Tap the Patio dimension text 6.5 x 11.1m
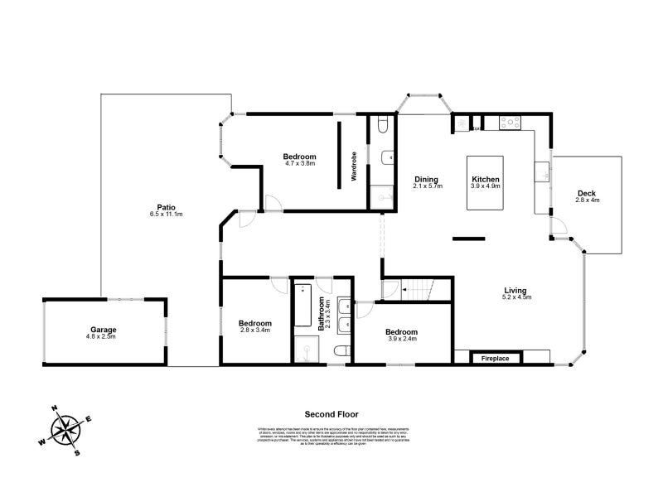pos(166,215)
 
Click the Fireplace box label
pos(496,358)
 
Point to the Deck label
pos(587,194)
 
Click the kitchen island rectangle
pos(485,182)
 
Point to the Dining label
pos(427,180)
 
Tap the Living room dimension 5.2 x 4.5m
pos(516,297)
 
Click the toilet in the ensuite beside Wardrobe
pos(380,124)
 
